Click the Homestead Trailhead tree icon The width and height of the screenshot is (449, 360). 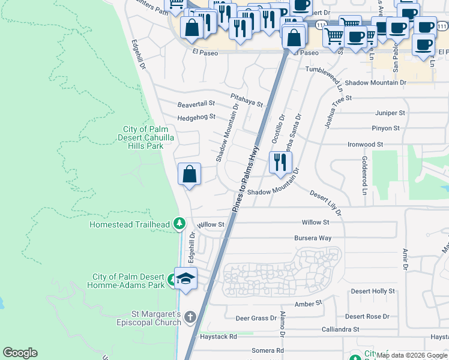click(179, 224)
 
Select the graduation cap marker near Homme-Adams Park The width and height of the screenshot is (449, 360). click(186, 279)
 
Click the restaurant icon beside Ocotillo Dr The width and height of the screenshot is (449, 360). click(280, 162)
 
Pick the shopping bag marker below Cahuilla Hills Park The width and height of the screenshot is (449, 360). click(189, 175)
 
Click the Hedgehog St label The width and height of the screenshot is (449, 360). click(196, 116)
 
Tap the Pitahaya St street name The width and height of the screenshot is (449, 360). click(247, 100)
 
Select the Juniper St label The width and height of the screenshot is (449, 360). click(390, 113)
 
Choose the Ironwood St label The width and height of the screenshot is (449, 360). click(365, 145)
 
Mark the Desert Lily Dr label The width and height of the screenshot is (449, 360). click(326, 203)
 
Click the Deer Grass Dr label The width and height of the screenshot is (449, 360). click(256, 318)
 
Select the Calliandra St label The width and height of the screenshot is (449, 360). click(340, 329)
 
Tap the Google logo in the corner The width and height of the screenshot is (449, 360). click(20, 353)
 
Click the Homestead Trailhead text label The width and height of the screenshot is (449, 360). click(130, 224)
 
